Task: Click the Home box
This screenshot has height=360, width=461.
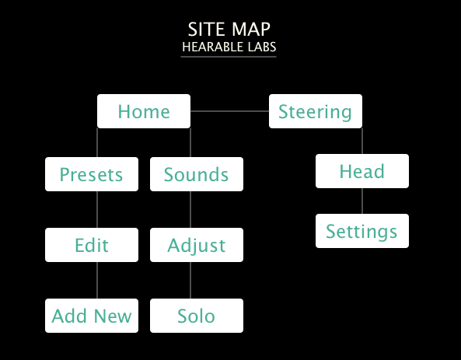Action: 144,111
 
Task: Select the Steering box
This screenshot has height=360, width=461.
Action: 315,111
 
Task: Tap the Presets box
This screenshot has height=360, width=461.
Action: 92,174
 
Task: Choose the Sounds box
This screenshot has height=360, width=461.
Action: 197,174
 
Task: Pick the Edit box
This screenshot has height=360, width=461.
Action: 92,245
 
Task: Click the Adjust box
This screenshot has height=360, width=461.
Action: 197,245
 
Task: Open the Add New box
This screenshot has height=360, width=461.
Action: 92,316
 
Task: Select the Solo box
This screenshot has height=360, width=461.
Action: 197,316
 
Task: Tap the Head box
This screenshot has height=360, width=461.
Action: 361,171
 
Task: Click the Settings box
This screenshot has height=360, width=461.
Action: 361,231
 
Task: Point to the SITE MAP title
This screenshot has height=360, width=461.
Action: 229,30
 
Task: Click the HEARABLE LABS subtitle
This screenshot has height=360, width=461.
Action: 229,47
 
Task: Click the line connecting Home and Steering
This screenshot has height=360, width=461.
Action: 229,111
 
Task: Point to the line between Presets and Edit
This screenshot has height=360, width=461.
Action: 97,209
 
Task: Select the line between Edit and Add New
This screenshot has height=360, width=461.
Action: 97,280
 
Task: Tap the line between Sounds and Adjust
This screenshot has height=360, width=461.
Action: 190,209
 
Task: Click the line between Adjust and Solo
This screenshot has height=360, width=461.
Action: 190,280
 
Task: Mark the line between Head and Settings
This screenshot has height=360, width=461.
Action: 361,201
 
